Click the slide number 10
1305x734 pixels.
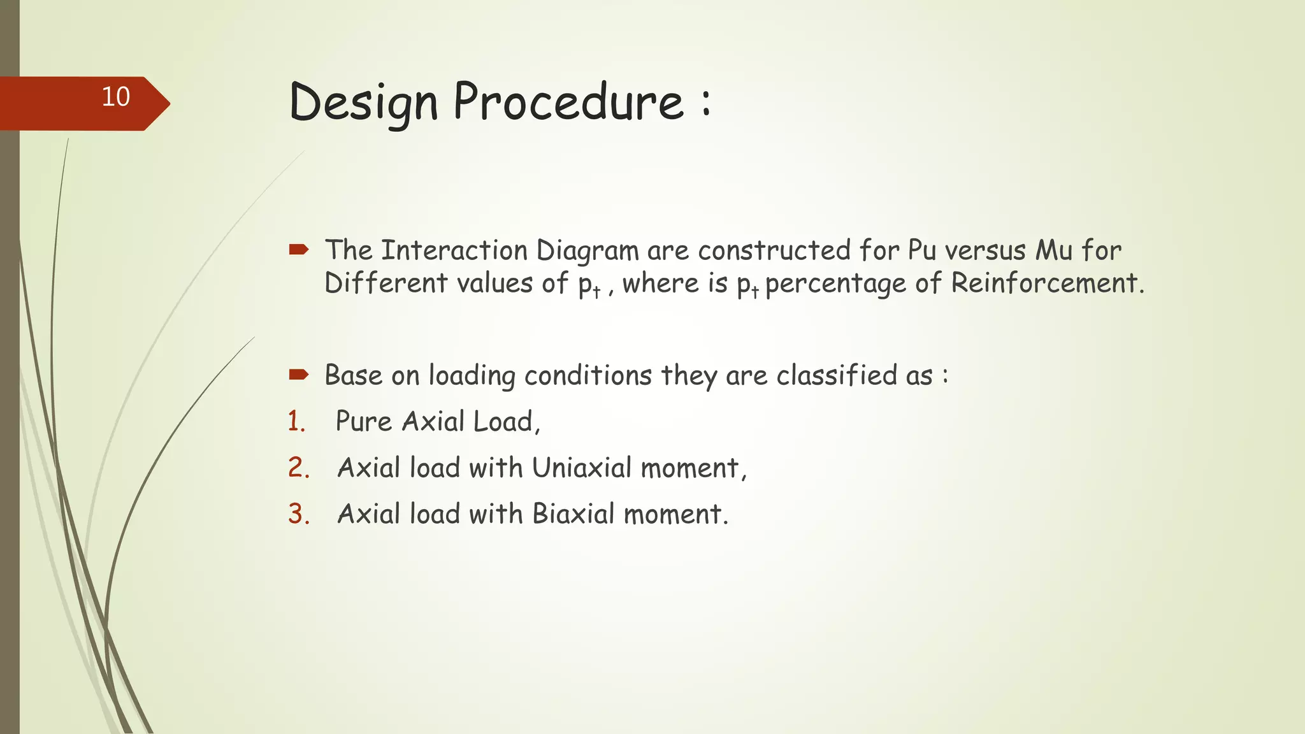116,97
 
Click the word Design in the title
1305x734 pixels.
364,103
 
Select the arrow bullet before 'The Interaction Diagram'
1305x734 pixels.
298,249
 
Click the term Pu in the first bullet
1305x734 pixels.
921,250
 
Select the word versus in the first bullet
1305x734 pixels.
986,251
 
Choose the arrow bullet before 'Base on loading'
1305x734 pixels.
298,374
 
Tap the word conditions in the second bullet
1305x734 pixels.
588,375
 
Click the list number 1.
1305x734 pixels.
296,422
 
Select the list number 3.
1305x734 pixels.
298,514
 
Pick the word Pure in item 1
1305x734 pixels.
363,422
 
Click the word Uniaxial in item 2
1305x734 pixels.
582,468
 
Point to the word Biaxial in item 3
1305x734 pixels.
573,514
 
